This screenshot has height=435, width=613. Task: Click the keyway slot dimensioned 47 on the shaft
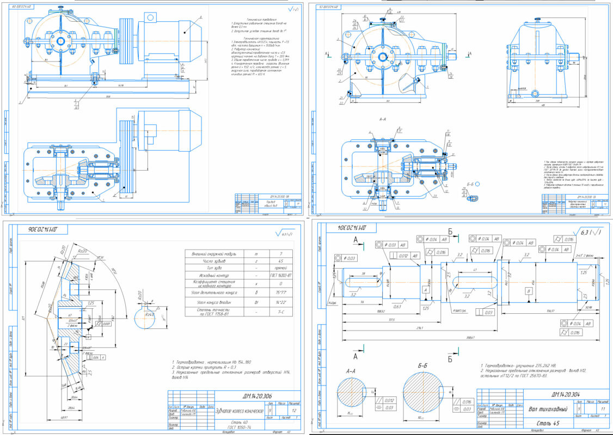point(475,281)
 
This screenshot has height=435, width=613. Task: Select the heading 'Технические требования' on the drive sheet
point(248,19)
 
